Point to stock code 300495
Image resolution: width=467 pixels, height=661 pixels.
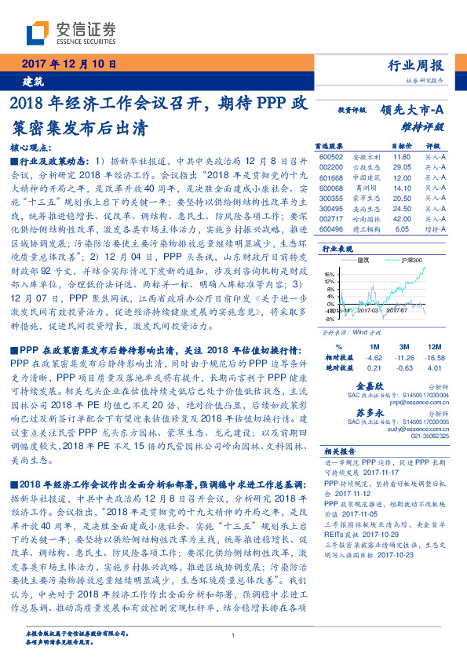point(333,208)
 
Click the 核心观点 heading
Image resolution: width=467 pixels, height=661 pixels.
point(32,147)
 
